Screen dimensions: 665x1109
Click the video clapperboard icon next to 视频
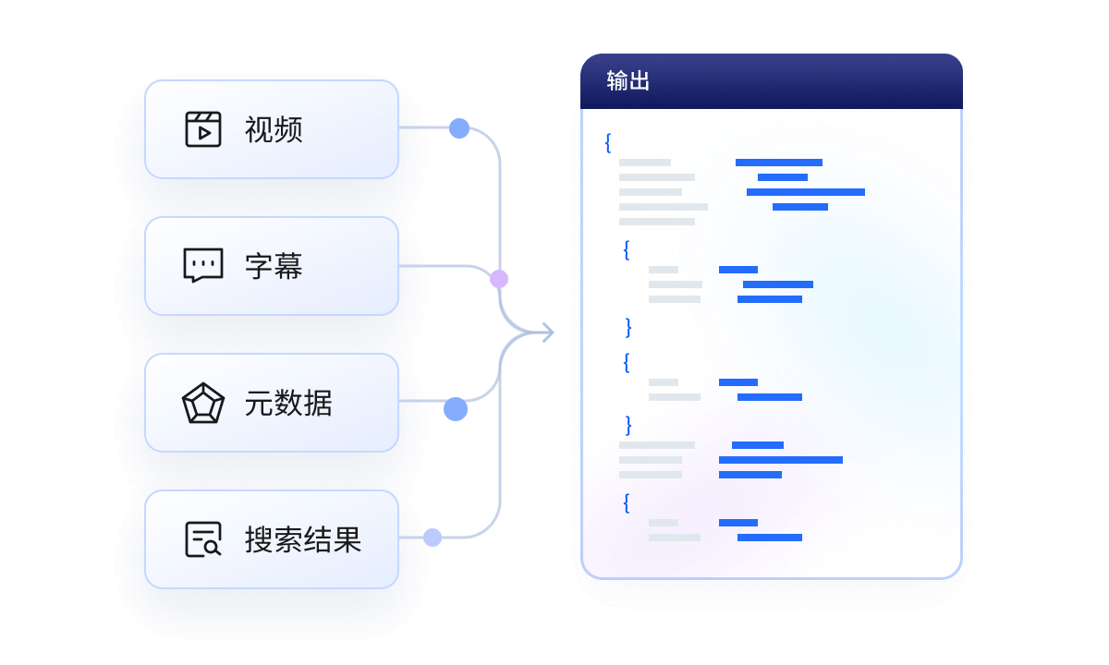(x=203, y=129)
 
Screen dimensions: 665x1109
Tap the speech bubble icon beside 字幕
(x=203, y=266)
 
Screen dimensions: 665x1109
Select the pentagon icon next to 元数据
(x=203, y=404)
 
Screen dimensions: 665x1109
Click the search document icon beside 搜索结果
(x=203, y=539)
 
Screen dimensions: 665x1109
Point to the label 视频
(x=274, y=129)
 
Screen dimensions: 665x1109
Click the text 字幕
(x=274, y=266)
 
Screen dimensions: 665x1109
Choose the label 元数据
(x=288, y=404)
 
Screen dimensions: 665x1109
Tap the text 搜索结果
(x=302, y=539)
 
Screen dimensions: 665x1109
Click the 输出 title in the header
(x=628, y=81)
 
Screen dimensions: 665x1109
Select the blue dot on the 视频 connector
(x=459, y=129)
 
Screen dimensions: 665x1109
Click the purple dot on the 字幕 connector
(x=499, y=278)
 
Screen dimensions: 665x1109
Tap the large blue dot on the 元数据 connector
(x=456, y=409)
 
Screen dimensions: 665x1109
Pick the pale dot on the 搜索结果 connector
(x=433, y=537)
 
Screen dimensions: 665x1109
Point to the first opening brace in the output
(x=607, y=143)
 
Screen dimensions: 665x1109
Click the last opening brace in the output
(x=627, y=503)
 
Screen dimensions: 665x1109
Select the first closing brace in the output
(x=628, y=326)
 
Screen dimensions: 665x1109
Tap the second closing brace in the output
(x=628, y=424)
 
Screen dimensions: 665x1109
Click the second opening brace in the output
(x=627, y=250)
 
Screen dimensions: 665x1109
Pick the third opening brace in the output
(x=627, y=362)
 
